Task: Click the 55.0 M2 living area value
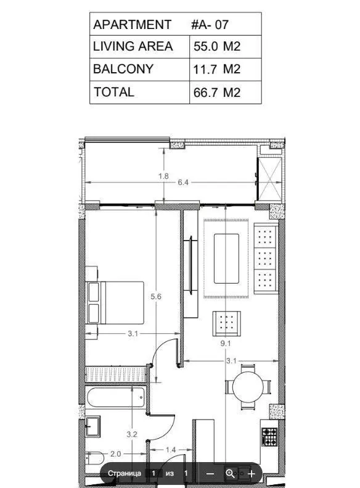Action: tap(217, 46)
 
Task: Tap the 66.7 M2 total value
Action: tap(217, 93)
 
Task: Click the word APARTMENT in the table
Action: tap(133, 25)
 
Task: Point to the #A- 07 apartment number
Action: tap(210, 25)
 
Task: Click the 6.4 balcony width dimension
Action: tap(183, 183)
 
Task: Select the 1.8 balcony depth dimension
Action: tap(163, 176)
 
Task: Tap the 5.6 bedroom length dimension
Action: tap(156, 297)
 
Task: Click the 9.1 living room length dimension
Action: tap(226, 343)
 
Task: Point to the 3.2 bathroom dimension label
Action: tap(132, 434)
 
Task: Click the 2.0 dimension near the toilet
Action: tap(115, 454)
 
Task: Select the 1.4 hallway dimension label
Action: tap(171, 450)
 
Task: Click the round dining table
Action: tap(248, 387)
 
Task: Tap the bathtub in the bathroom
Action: tap(116, 397)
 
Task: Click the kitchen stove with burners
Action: tap(269, 437)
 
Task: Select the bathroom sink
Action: tap(92, 426)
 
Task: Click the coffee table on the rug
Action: tap(226, 258)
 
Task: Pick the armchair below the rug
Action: tap(227, 323)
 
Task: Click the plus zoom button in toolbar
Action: tap(252, 474)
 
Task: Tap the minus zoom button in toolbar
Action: tap(210, 474)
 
